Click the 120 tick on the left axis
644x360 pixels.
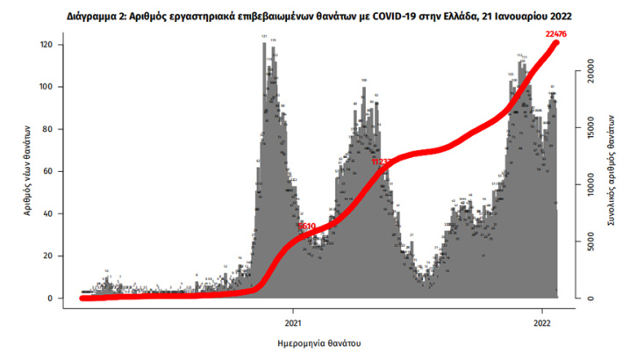coord(48,45)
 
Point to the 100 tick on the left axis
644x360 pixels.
coord(48,87)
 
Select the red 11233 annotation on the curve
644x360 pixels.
coord(382,162)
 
